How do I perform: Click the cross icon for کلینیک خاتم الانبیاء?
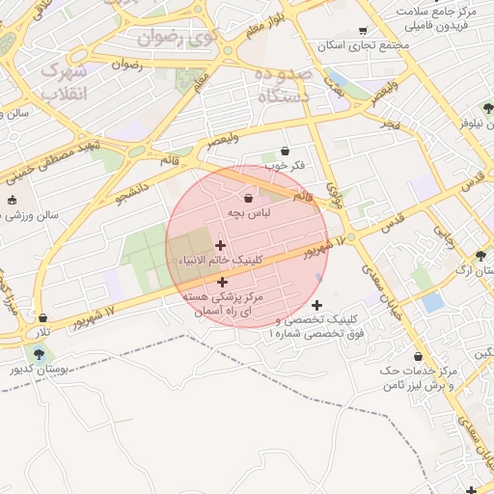[221, 245]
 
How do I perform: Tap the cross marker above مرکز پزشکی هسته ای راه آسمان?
[223, 283]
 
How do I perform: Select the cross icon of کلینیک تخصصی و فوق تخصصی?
[316, 305]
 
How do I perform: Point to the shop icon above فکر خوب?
[285, 151]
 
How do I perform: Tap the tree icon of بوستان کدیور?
[38, 354]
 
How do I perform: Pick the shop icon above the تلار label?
[42, 316]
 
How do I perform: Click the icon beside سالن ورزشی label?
[12, 201]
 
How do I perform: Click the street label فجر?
[390, 123]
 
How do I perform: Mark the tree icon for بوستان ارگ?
[481, 257]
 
